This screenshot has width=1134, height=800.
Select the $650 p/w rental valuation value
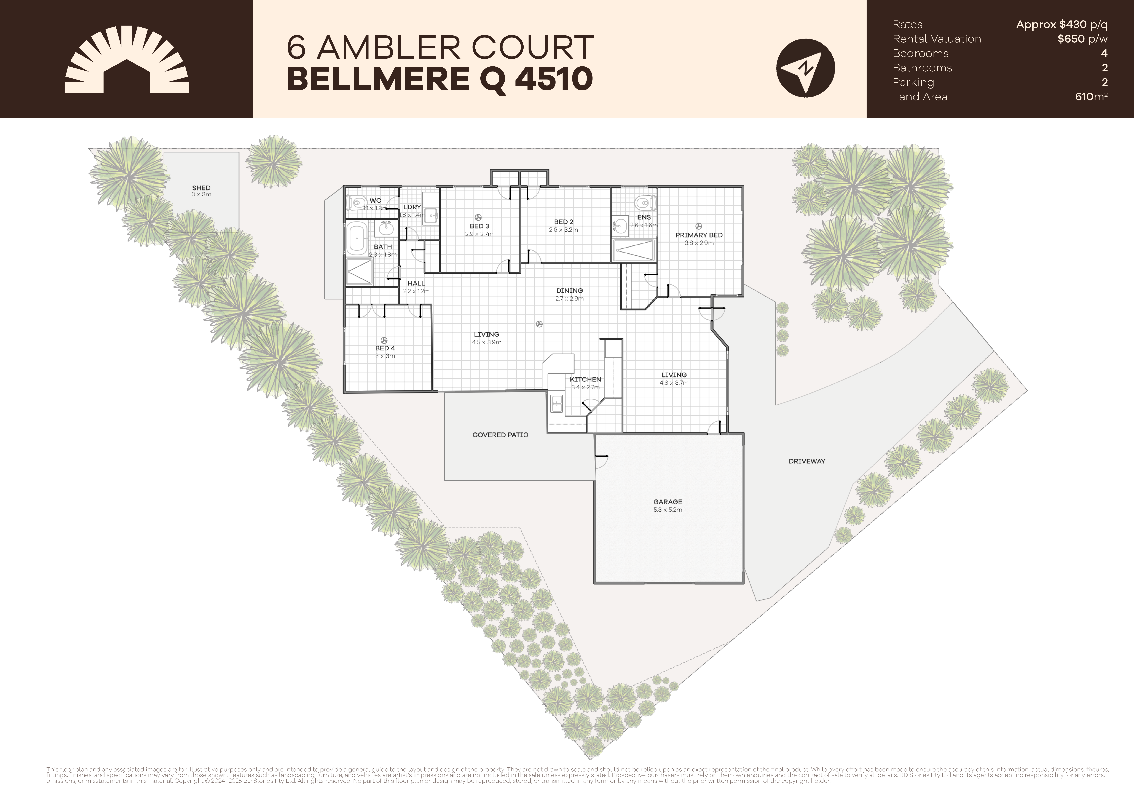[x=1082, y=39]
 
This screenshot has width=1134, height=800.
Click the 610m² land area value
[x=1091, y=97]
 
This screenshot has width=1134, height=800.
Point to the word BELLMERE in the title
[x=378, y=79]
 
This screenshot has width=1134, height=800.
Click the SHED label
[x=201, y=188]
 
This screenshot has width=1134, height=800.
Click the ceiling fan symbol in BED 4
[x=384, y=340]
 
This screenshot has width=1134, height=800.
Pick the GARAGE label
[x=667, y=502]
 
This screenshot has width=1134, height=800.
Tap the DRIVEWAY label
[x=807, y=461]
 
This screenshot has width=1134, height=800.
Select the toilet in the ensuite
[x=644, y=203]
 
